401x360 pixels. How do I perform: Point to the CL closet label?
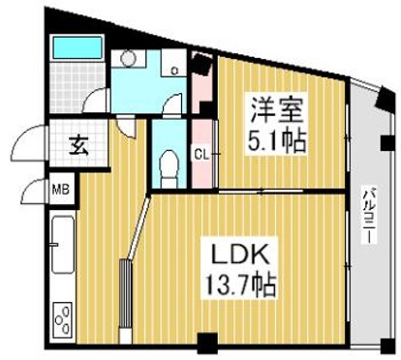tap(202, 152)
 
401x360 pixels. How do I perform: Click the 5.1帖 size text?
tap(278, 142)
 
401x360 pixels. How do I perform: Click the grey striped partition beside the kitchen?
tap(124, 295)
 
